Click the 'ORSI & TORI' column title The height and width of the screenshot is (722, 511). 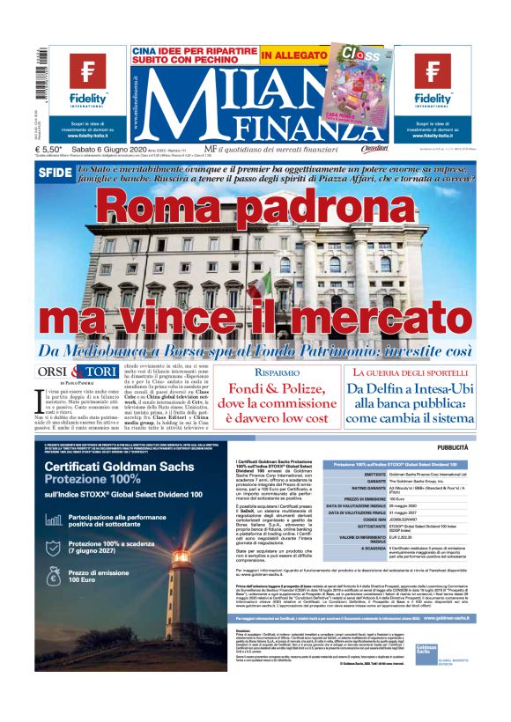point(75,372)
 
